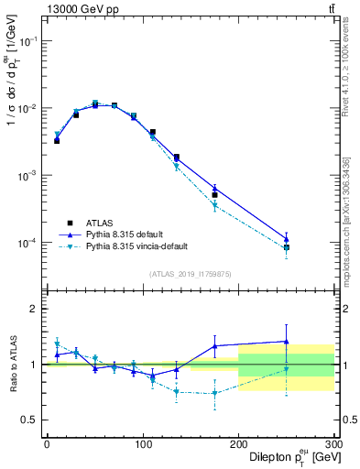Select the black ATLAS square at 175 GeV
[x=214, y=195]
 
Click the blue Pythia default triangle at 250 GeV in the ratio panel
[x=287, y=342]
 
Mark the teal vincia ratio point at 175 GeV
[x=214, y=393]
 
